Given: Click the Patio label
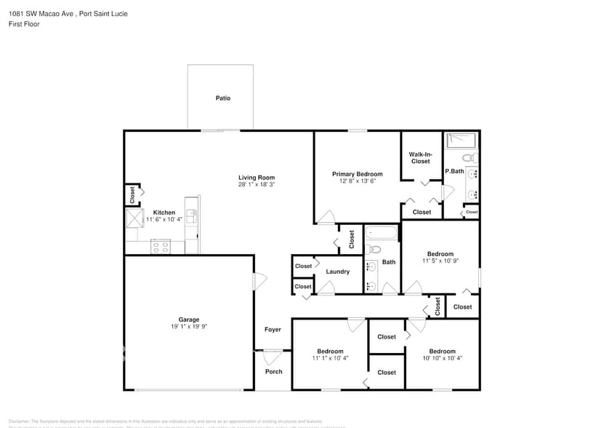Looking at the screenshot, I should pos(222,98).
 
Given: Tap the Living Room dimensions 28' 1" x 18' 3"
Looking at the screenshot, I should pos(257,185).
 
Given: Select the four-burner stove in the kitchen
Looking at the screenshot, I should pos(160,246).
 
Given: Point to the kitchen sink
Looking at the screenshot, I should pos(191,215).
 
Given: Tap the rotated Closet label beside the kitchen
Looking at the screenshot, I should pos(132,195).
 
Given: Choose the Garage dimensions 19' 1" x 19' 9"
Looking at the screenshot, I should pos(189,327).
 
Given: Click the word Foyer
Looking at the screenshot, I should pos(273,330).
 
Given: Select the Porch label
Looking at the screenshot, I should pos(273,371).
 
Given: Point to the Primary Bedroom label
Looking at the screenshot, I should pos(357,174).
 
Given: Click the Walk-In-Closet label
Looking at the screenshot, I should pos(421,157).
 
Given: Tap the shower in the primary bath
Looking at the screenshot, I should pos(460,140).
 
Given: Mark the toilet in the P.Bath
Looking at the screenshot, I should pos(470,157).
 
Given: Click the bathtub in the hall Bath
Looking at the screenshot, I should pos(382,234).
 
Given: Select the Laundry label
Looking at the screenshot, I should pos(337,272).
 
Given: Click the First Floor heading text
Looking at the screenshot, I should pos(24,24).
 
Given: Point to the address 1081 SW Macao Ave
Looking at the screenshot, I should pos(40,13).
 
